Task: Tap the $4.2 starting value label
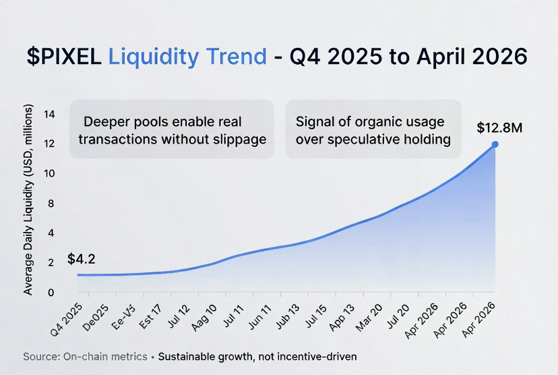tap(82, 259)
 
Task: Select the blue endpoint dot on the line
tap(495, 144)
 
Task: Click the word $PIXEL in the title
tap(64, 57)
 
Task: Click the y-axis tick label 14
tap(49, 114)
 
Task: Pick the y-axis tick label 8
tap(51, 203)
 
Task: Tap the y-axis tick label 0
tap(51, 293)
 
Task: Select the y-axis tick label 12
tap(49, 144)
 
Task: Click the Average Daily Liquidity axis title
tap(28, 200)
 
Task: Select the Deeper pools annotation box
tap(172, 129)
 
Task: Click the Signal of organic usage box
tap(373, 129)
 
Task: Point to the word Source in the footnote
tap(41, 356)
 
